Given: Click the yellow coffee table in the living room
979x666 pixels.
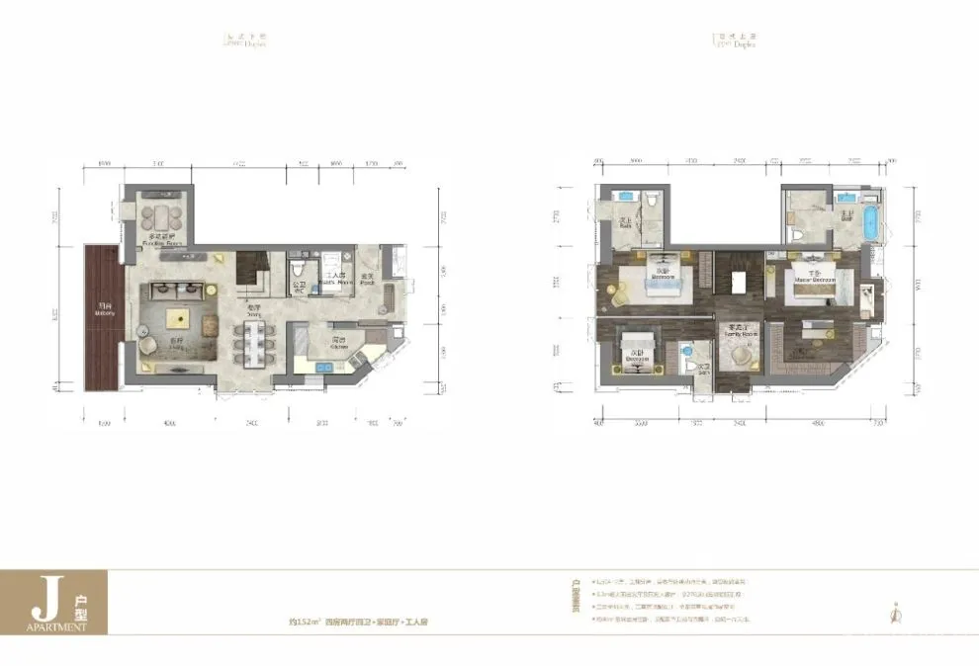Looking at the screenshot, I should pyautogui.click(x=179, y=317).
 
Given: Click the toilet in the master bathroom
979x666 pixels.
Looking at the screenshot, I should pyautogui.click(x=796, y=235).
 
